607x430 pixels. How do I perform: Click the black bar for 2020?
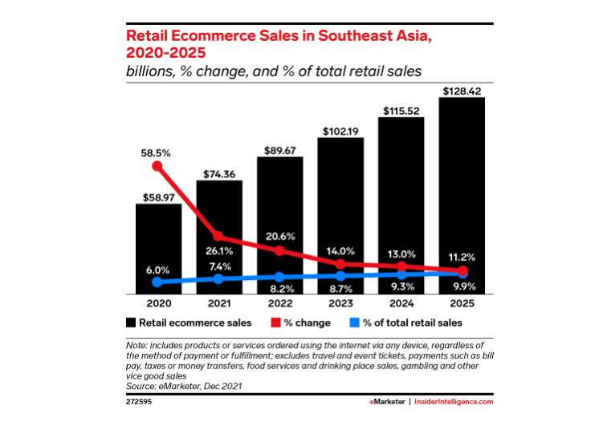click(x=157, y=249)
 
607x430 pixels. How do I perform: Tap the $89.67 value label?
click(x=279, y=149)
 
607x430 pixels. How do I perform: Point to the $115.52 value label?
click(x=401, y=111)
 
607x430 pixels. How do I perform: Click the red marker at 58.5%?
click(x=157, y=167)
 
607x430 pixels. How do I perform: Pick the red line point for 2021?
click(x=218, y=237)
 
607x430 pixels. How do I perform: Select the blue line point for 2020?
click(x=157, y=282)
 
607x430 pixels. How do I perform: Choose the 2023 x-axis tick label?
click(x=340, y=305)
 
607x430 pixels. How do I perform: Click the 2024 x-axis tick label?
click(x=401, y=305)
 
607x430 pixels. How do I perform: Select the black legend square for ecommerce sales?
click(x=132, y=322)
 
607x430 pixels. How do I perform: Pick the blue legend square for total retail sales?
click(x=353, y=322)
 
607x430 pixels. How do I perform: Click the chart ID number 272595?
click(x=140, y=401)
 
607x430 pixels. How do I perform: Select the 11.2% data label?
click(x=462, y=257)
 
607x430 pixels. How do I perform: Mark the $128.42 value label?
click(x=462, y=91)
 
